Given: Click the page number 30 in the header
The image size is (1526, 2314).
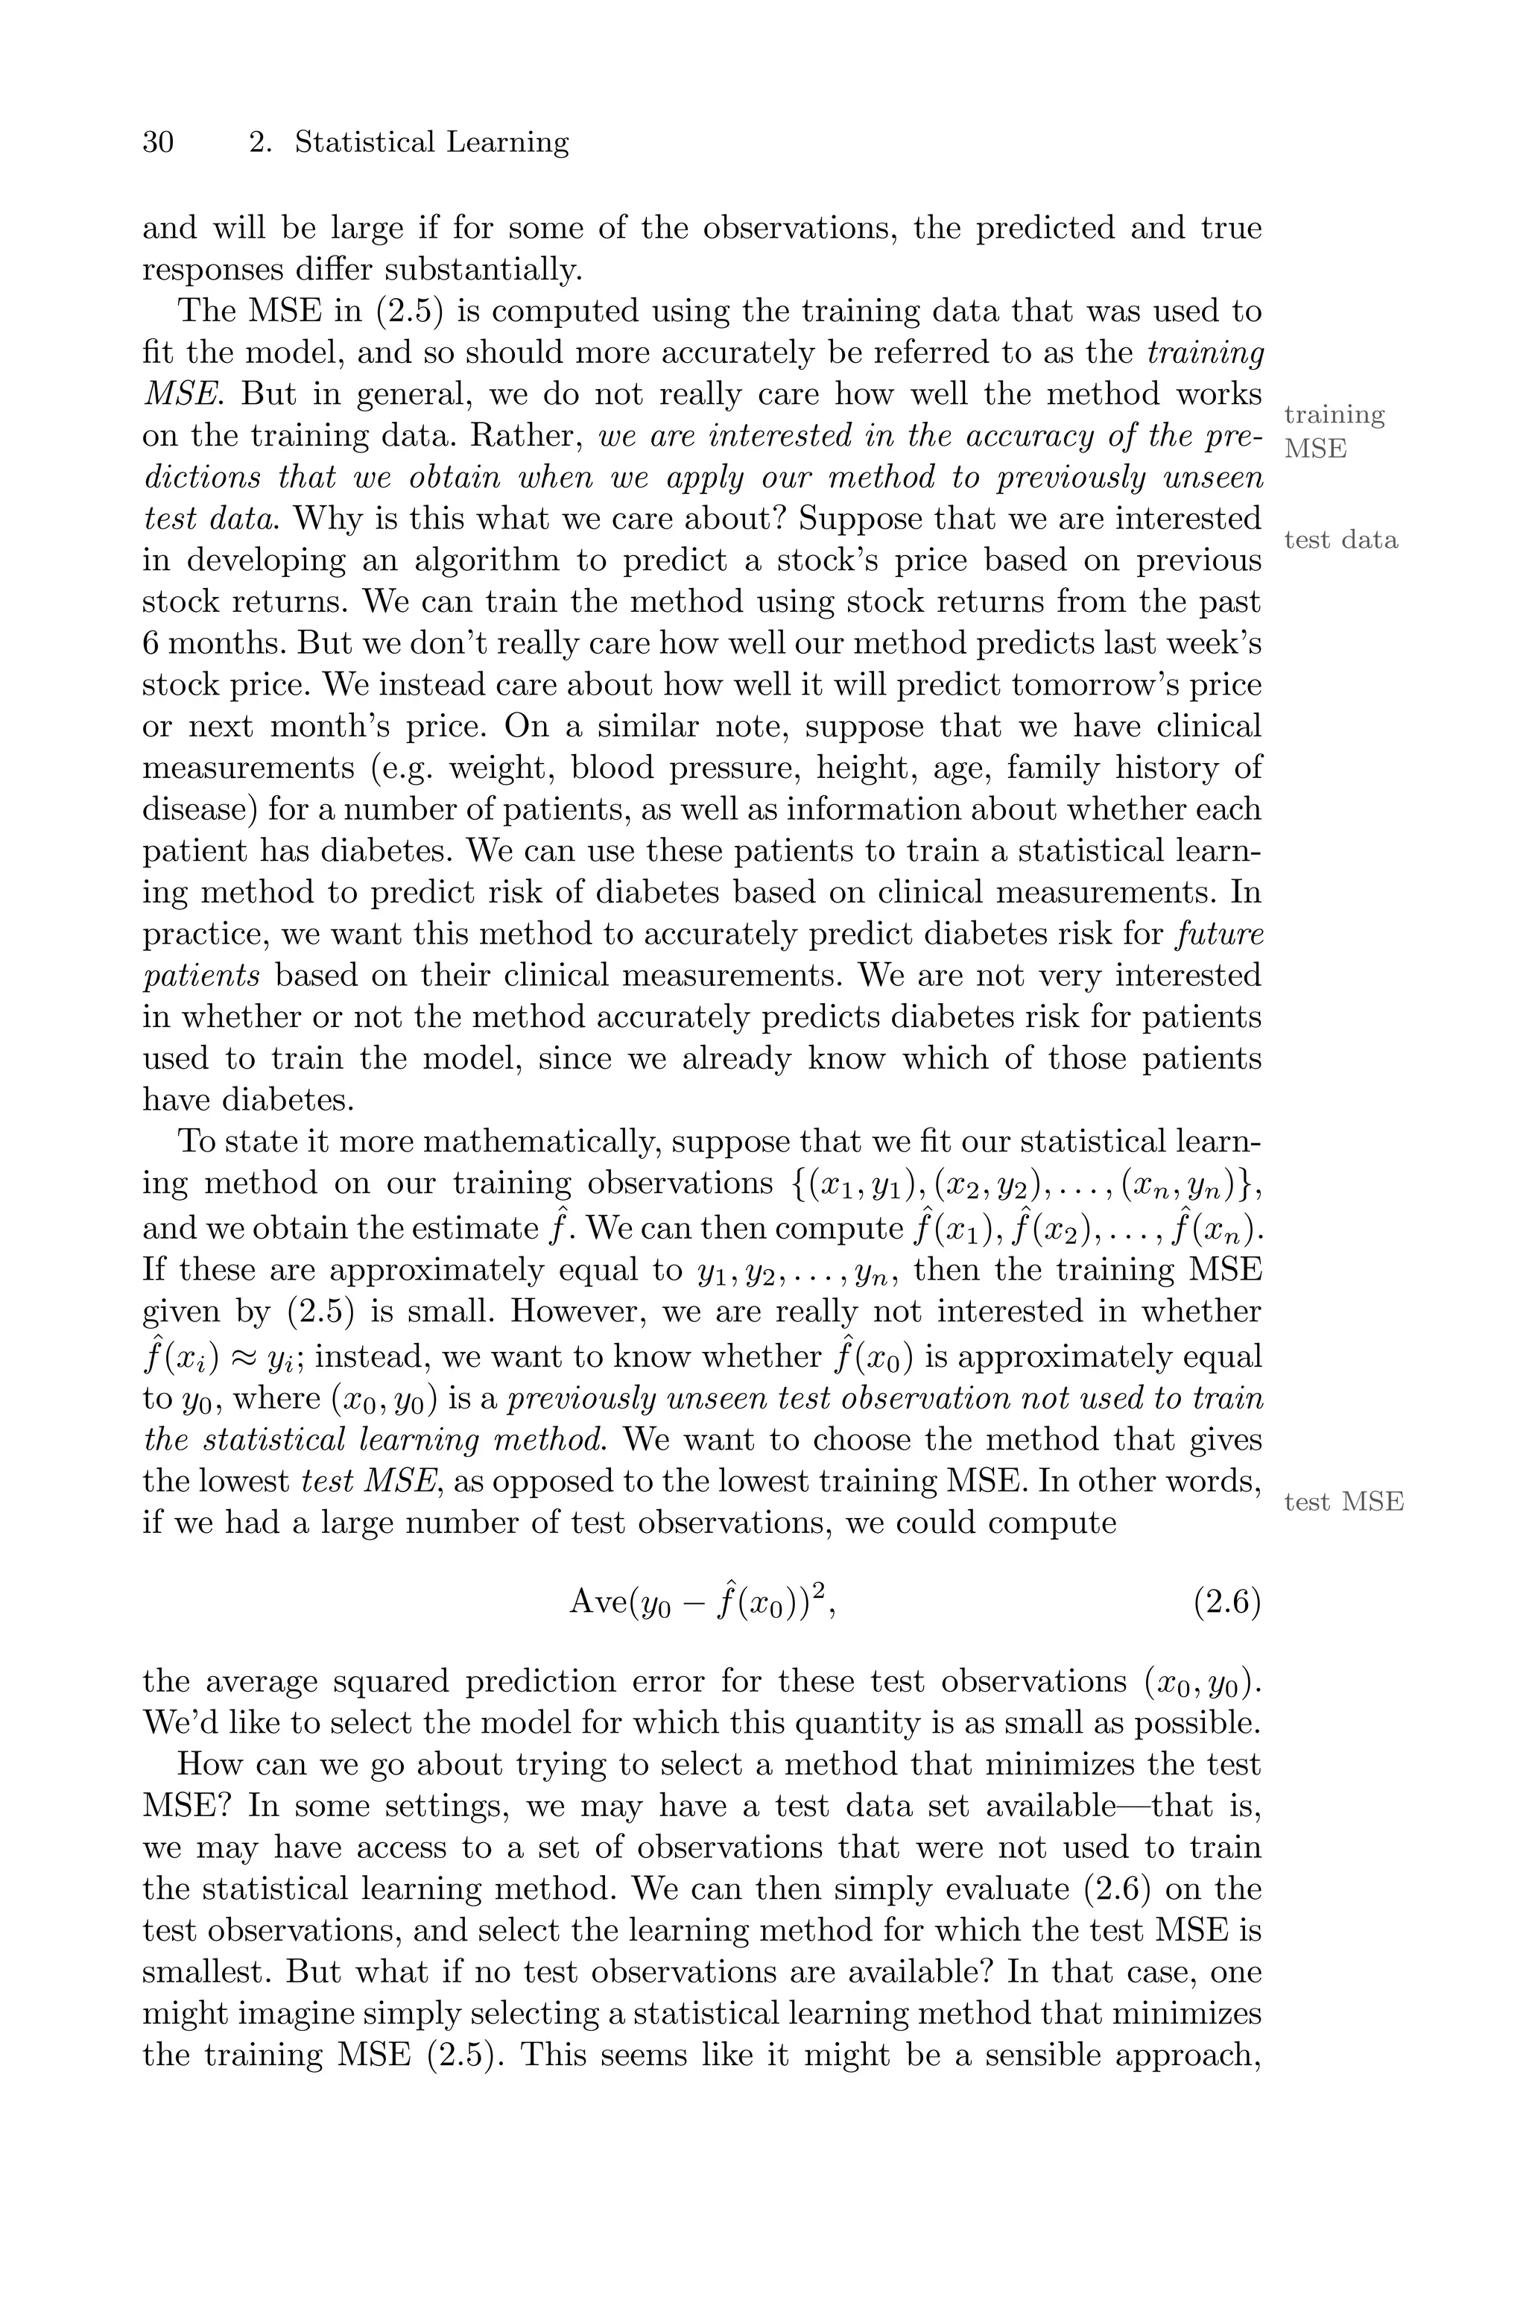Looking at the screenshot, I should pyautogui.click(x=159, y=143).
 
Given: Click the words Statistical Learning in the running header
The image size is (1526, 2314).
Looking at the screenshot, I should pyautogui.click(x=431, y=143).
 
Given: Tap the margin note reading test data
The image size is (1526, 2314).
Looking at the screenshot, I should pyautogui.click(x=1340, y=540).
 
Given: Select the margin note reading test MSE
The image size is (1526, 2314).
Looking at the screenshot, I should pyautogui.click(x=1343, y=1502).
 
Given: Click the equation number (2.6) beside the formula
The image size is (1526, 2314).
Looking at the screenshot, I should pyautogui.click(x=1226, y=1602).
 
